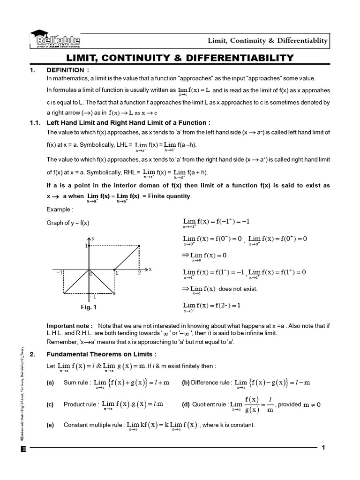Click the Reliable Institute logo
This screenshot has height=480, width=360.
tap(55, 39)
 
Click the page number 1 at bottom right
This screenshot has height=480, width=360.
tap(323, 448)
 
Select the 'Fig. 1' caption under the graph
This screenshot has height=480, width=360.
tap(88, 307)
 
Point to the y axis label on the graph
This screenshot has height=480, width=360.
tap(93, 238)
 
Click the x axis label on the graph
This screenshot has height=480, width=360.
tap(150, 269)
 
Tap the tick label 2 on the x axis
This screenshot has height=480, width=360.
tap(139, 273)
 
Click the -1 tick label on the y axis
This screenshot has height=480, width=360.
tap(93, 297)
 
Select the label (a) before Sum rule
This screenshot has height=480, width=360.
tap(50, 383)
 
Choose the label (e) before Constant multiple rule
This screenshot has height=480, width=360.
tap(50, 425)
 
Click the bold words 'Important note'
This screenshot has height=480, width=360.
tap(69, 325)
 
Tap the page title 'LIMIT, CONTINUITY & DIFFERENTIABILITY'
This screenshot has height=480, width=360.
tap(180, 58)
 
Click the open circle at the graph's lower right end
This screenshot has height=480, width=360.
tap(114, 293)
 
